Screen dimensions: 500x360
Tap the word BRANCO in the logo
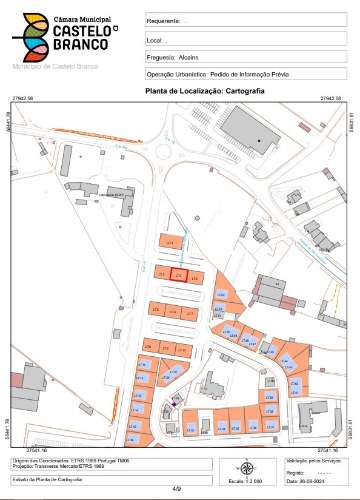(72, 47)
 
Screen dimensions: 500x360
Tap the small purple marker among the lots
(177, 401)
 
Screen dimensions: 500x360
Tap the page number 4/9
(178, 489)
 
